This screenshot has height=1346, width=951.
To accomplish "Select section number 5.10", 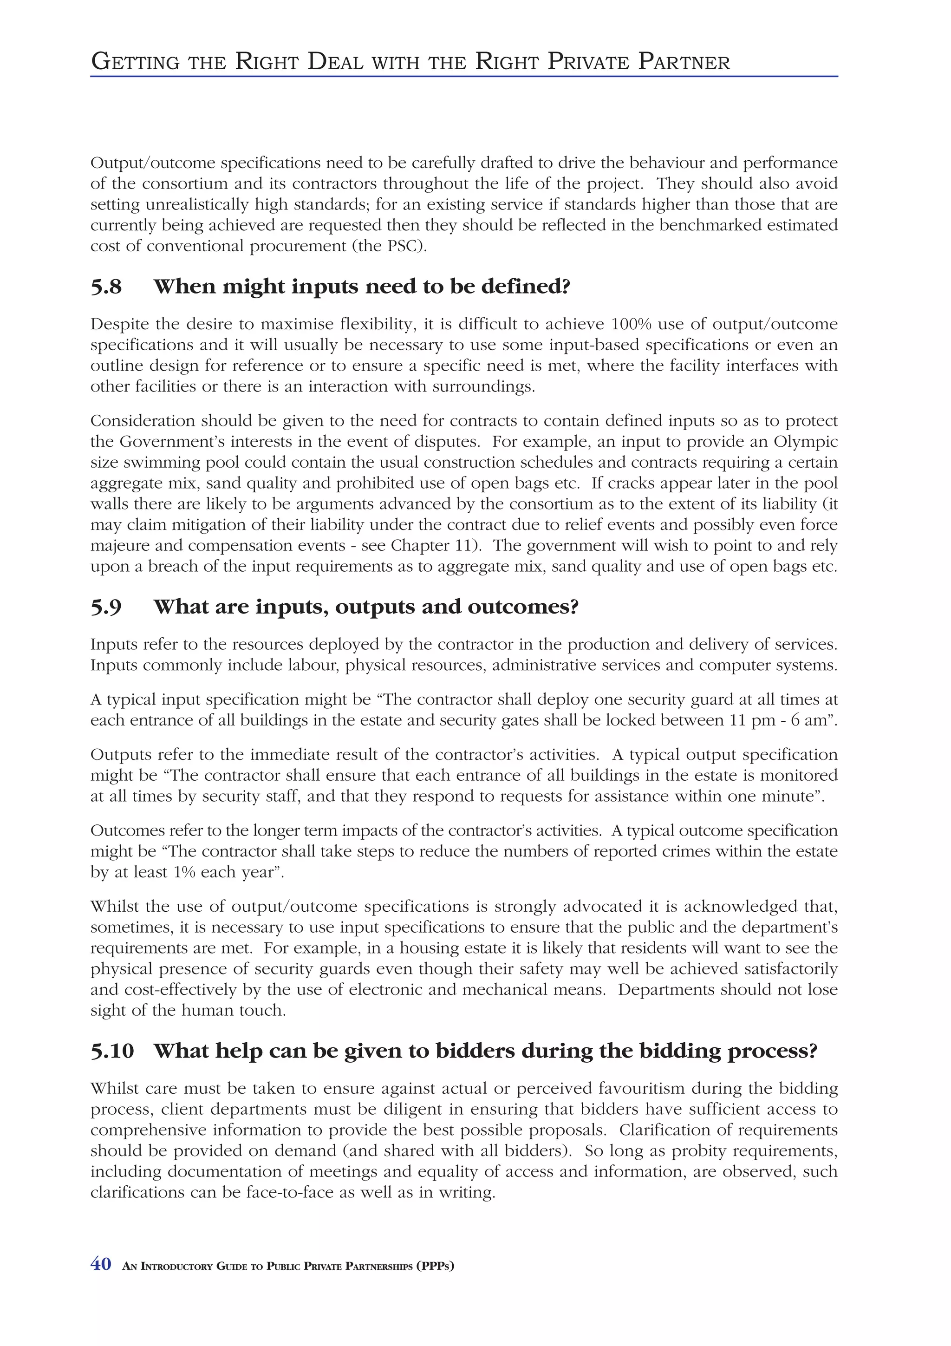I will tap(112, 1051).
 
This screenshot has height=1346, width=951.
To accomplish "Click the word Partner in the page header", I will tap(684, 62).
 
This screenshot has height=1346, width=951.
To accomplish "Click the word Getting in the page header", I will tap(135, 62).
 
